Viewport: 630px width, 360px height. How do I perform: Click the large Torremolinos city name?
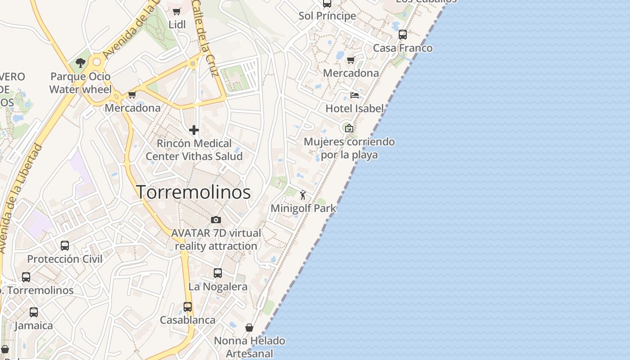coord(193,192)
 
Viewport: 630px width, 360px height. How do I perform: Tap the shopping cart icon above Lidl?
coord(177,11)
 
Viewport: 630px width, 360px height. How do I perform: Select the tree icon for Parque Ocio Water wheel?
coord(81,63)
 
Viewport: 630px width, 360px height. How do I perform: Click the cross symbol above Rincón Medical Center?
coord(194,130)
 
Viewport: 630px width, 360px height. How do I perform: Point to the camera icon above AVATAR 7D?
coord(216,220)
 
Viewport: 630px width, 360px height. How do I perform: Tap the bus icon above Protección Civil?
coord(65,246)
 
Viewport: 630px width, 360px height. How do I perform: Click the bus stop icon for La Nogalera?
coord(218,273)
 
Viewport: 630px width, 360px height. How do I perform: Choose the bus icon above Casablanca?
coord(188,307)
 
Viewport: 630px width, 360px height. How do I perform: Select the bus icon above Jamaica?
coord(34,312)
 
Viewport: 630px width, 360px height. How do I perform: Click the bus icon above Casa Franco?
coord(403,34)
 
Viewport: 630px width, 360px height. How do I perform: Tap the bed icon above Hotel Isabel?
coord(355,95)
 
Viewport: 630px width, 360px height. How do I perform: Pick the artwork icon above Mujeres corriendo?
coord(349,128)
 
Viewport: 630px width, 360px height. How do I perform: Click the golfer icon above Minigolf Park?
coord(303,195)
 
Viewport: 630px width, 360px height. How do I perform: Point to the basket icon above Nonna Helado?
coord(249,328)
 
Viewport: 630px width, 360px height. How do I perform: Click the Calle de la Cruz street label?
coord(204,38)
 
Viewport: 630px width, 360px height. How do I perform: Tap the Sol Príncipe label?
coord(327,16)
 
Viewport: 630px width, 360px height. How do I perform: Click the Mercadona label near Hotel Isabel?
coord(351,73)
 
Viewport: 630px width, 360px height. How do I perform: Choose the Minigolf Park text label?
coord(303,208)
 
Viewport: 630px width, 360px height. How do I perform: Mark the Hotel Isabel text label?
coord(355,108)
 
